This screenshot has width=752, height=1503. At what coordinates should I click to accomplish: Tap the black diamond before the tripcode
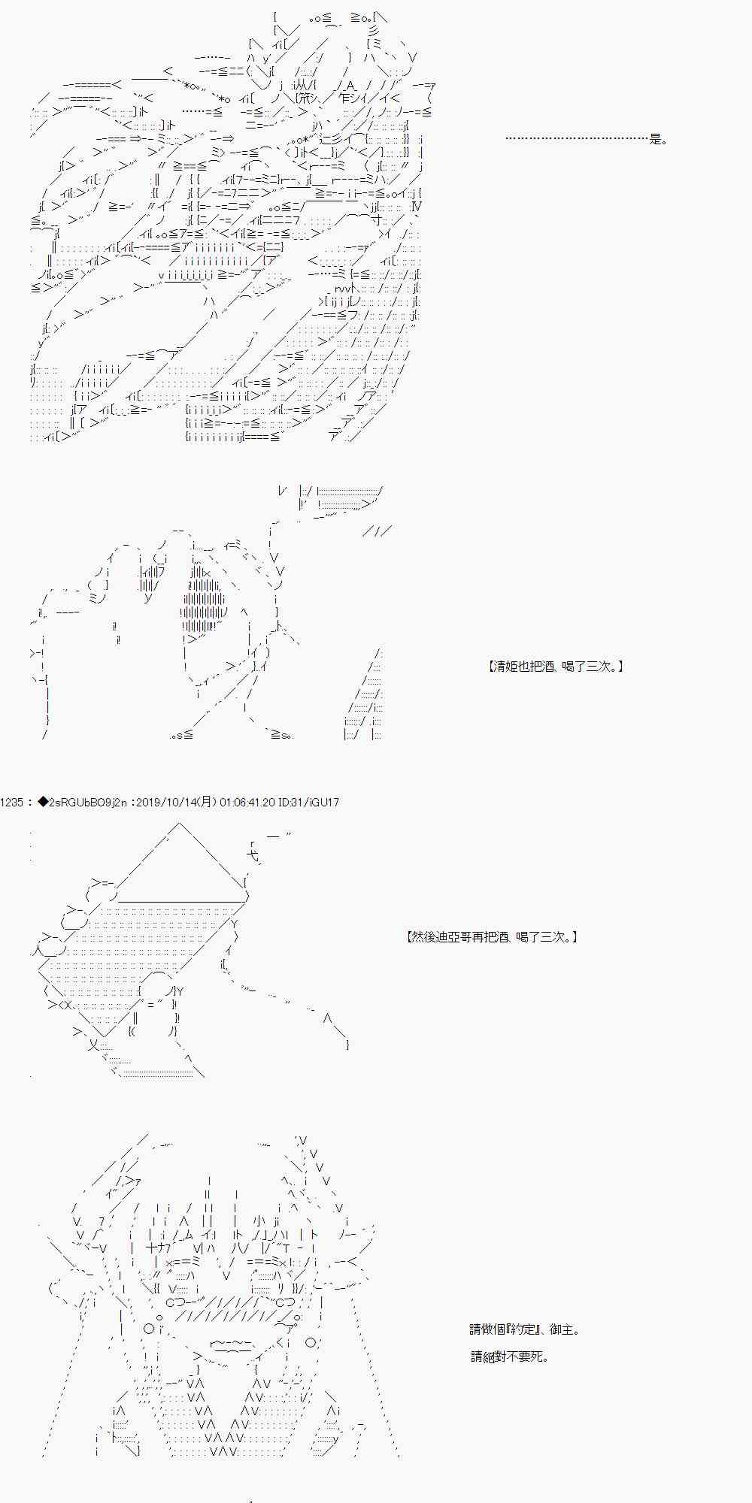(x=42, y=803)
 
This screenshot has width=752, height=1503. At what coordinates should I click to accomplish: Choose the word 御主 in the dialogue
(x=562, y=1329)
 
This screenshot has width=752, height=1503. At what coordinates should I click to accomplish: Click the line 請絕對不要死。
(x=509, y=1356)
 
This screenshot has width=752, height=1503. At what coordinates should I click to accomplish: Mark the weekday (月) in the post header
(x=208, y=803)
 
